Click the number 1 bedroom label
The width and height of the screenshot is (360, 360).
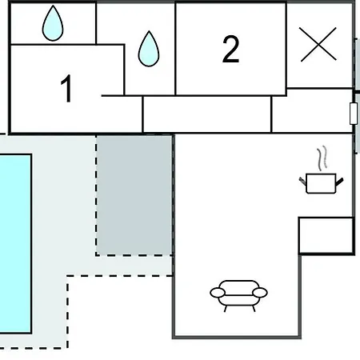click(x=66, y=88)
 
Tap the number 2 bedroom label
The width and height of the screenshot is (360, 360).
click(x=230, y=49)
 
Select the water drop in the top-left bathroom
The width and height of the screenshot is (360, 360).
click(x=53, y=23)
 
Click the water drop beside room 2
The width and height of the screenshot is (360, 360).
click(x=149, y=49)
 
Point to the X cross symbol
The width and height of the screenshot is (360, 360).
click(x=318, y=44)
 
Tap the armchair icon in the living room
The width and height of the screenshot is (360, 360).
click(x=238, y=295)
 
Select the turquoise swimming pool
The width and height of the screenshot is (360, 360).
click(x=15, y=244)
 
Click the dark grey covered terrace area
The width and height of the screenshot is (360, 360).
click(x=134, y=195)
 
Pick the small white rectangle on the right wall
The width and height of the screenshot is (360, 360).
click(x=354, y=114)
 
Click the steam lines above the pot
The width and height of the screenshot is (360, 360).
click(x=322, y=158)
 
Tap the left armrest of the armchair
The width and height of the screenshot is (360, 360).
click(x=218, y=293)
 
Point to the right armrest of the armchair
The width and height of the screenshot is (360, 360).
click(x=260, y=293)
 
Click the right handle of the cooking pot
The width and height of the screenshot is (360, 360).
click(x=339, y=182)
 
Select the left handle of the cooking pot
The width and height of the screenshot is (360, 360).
click(x=302, y=181)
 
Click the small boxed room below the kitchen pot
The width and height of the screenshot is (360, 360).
click(x=326, y=235)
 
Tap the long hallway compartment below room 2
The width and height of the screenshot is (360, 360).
click(x=207, y=114)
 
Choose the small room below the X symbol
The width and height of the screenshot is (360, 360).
click(x=313, y=110)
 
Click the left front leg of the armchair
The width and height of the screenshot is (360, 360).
click(x=226, y=309)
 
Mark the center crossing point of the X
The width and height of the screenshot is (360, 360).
click(x=318, y=44)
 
